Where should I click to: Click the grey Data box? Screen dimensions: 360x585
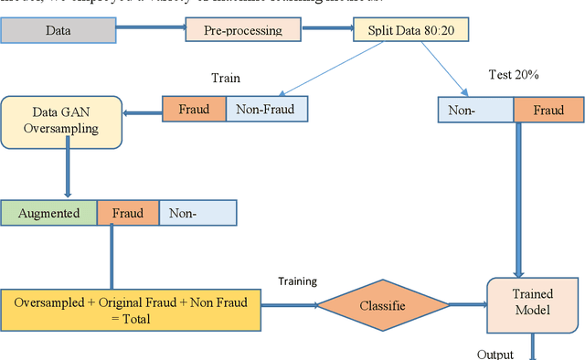click(58, 31)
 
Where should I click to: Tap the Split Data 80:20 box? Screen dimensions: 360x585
click(411, 31)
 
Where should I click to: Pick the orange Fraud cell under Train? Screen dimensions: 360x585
click(194, 110)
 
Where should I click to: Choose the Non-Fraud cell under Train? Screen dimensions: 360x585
click(266, 110)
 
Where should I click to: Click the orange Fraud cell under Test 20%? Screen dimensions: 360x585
click(548, 111)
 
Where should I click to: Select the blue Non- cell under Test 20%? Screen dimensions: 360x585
click(475, 111)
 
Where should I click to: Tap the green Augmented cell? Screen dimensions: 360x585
click(48, 214)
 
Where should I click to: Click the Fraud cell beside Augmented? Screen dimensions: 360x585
click(127, 214)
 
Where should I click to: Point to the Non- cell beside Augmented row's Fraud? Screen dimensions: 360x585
click(197, 214)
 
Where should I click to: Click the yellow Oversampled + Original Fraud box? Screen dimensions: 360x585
click(130, 309)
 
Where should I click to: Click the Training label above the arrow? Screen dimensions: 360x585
click(297, 281)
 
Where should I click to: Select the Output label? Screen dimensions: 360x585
click(495, 354)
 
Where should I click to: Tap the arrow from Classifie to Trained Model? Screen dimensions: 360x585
click(469, 305)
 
